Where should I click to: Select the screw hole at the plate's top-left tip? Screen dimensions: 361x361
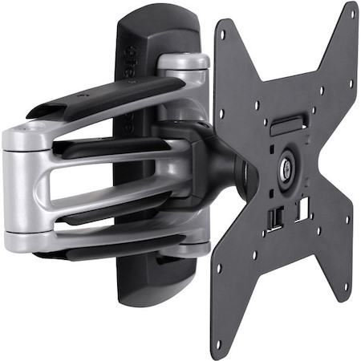point(224,33)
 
